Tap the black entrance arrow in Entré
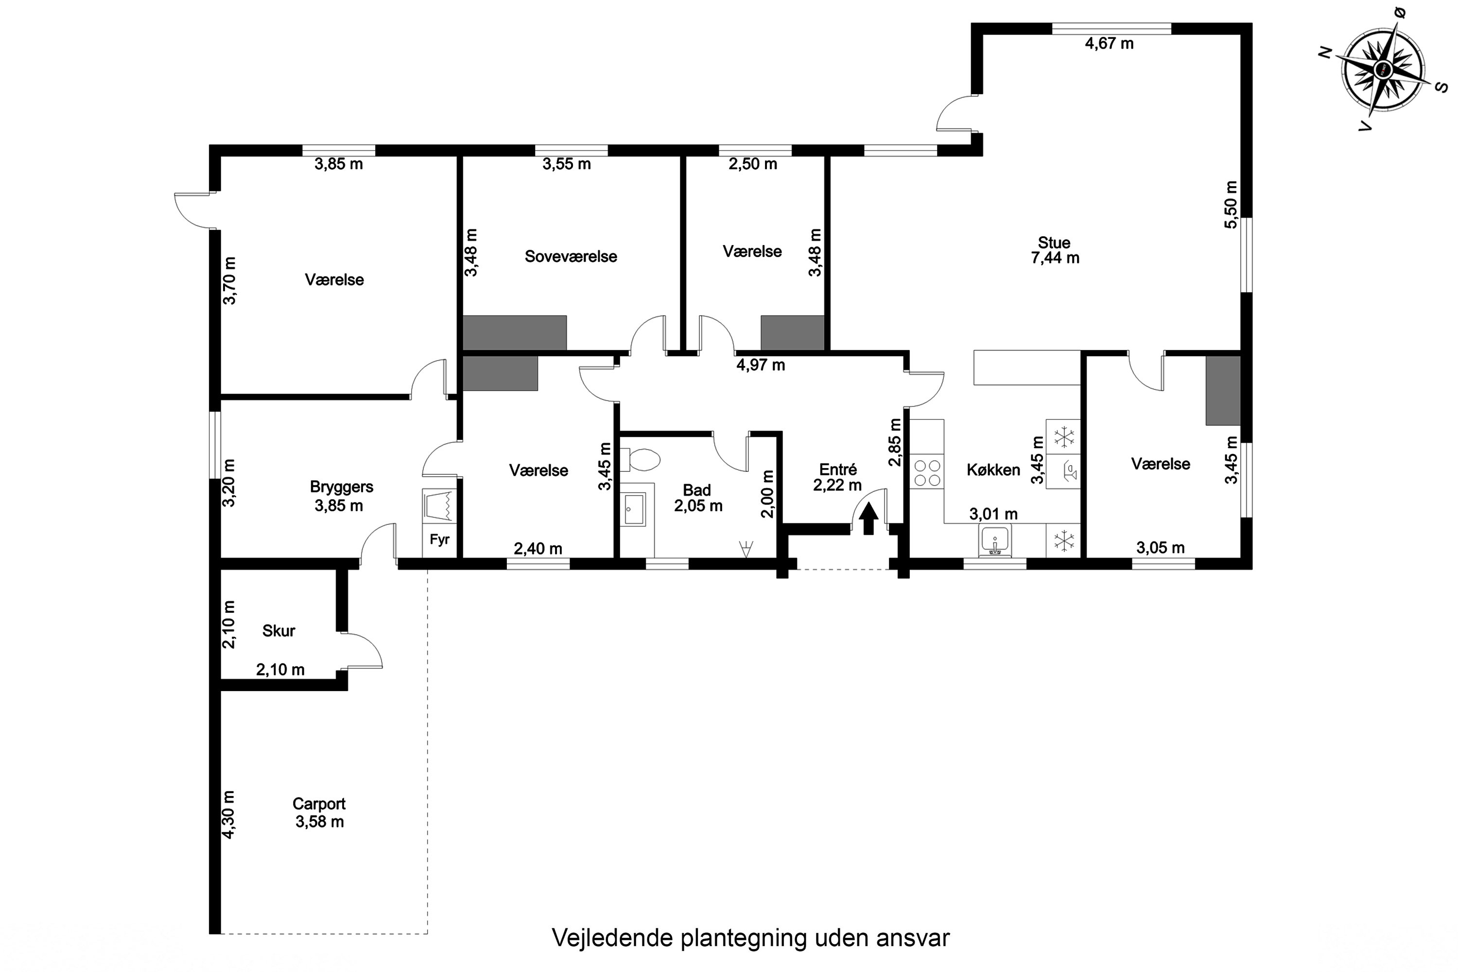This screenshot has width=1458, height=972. coord(868,518)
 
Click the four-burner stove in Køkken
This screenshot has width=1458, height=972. coord(927,472)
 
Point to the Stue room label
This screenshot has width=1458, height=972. coord(1054,243)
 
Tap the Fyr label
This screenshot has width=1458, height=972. coord(439,539)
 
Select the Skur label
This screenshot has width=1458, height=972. coord(278,631)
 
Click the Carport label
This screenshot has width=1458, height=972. coord(319,803)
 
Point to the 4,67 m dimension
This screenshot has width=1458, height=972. coord(1109,43)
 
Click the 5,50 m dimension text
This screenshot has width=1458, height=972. coord(1231,205)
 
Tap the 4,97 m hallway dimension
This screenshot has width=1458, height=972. coord(761,365)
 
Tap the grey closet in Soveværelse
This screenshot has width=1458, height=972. coord(515,333)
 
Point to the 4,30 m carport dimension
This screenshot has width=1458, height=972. coord(229,814)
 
